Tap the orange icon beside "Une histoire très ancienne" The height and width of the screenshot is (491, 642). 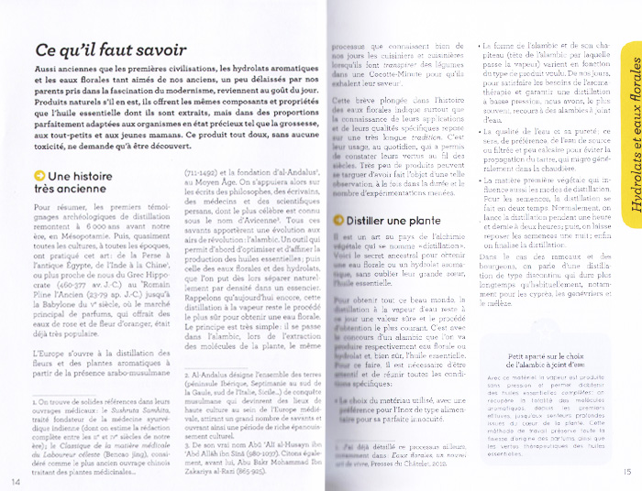coord(39,176)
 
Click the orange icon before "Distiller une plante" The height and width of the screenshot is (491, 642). coord(338,220)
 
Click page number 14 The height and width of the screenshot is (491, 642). coord(17,480)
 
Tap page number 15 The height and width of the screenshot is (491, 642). coord(626,473)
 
